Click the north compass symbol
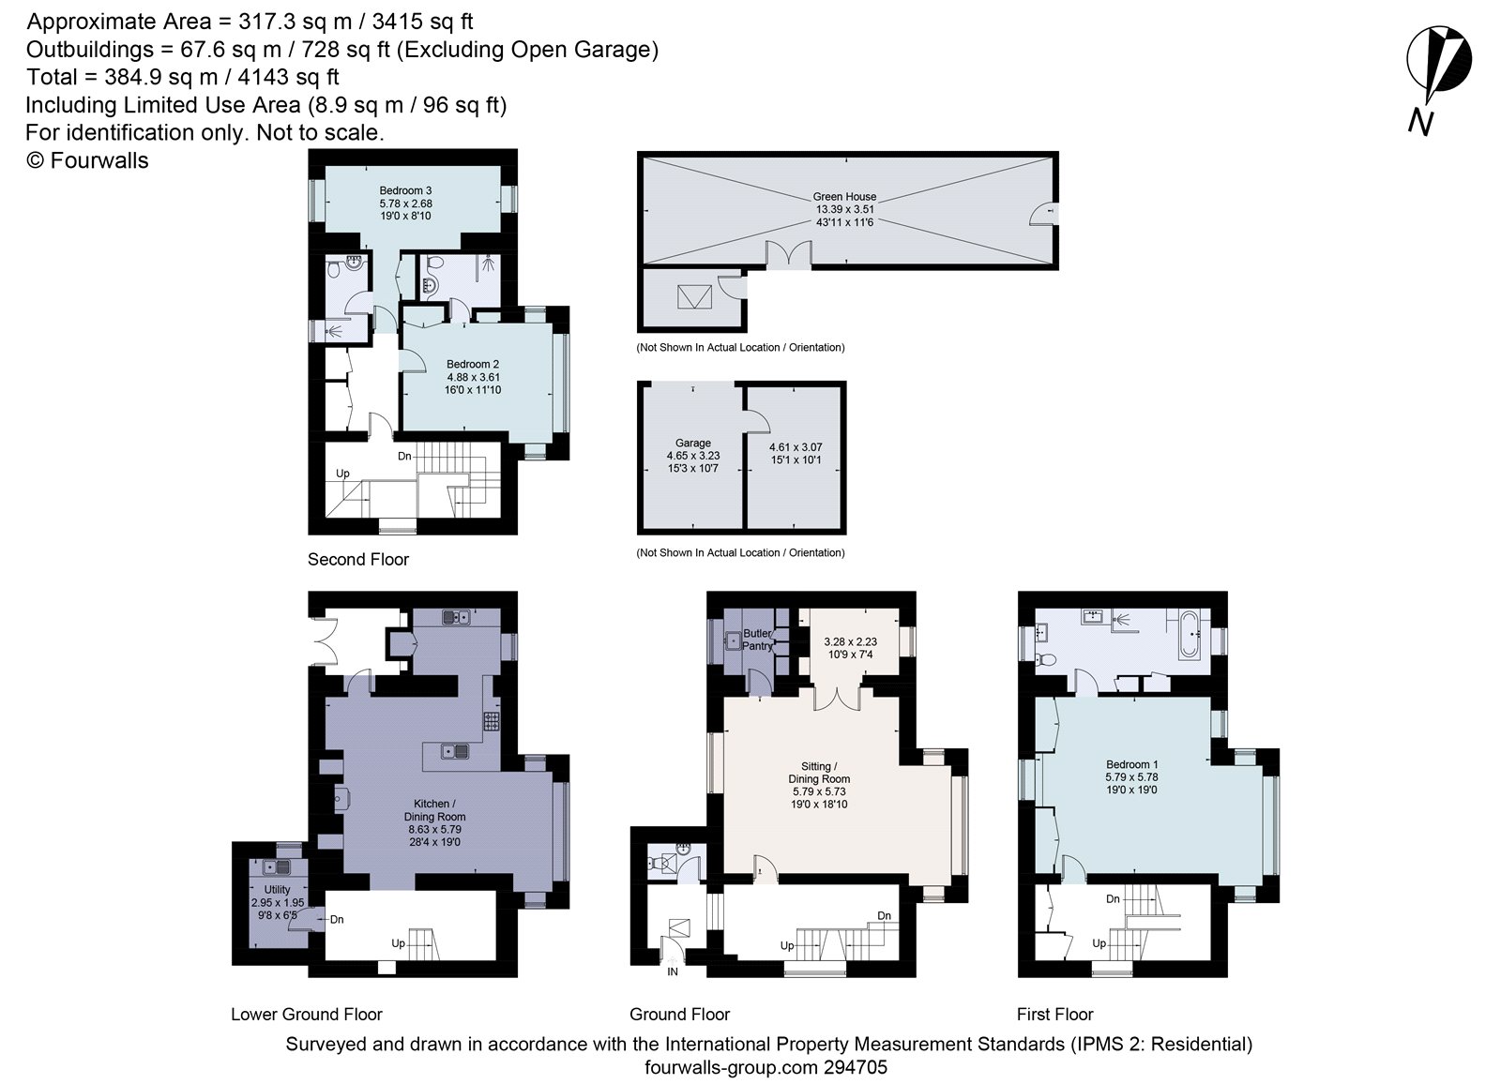[1437, 66]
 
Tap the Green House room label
[844, 197]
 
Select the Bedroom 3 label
[405, 191]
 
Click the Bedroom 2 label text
[472, 364]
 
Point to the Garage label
[693, 443]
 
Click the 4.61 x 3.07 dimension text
[795, 447]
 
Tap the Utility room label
[277, 889]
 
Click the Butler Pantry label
[757, 640]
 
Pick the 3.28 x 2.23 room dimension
[850, 641]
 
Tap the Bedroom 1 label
[1131, 764]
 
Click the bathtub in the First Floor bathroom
[1189, 635]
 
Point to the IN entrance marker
[673, 971]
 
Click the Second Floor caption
[358, 559]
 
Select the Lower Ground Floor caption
[307, 1014]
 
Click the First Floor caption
[1054, 1014]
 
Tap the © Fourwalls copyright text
[87, 160]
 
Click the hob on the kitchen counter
[492, 720]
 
